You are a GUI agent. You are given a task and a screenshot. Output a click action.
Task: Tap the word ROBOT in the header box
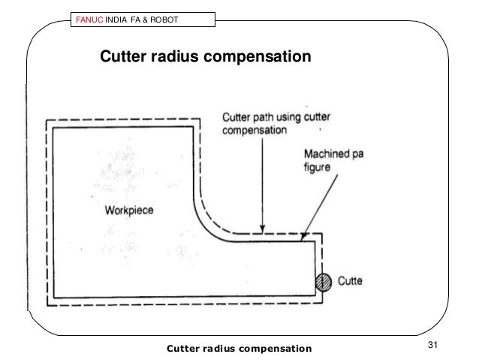[x=161, y=19]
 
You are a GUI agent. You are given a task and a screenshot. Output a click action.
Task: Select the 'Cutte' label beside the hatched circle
[x=349, y=282]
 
